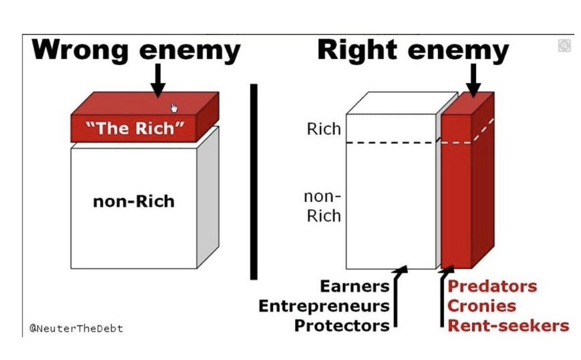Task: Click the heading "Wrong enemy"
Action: [136, 50]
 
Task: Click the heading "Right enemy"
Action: [413, 50]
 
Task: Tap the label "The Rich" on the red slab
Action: [135, 128]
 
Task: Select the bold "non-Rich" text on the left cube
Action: [134, 201]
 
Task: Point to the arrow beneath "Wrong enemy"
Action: [158, 80]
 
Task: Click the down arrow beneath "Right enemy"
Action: [473, 80]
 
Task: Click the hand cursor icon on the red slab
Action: [174, 108]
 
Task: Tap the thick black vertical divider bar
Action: [254, 181]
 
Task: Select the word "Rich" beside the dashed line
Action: [324, 129]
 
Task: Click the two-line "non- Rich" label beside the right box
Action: [322, 206]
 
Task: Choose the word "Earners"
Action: [354, 286]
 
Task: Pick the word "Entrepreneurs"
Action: [324, 306]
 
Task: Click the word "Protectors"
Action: [342, 326]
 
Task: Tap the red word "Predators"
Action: [492, 286]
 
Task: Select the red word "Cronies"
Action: [482, 306]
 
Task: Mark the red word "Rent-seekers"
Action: [508, 326]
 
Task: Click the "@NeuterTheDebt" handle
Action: [76, 329]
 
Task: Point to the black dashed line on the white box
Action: [392, 143]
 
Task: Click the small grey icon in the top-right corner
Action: [564, 46]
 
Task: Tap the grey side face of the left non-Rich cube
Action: [208, 197]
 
